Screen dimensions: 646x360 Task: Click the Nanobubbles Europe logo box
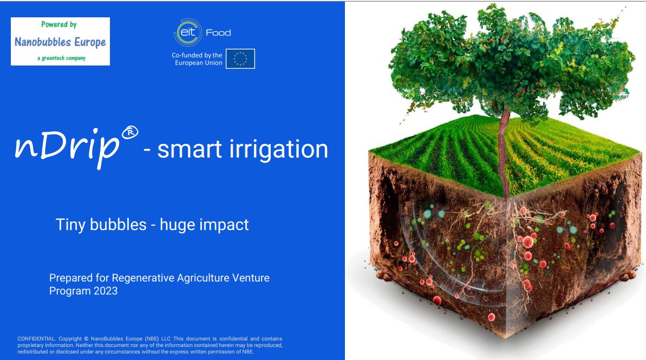(x=60, y=41)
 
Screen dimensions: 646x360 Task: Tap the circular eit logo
(x=188, y=32)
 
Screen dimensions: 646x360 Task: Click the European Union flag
(x=240, y=58)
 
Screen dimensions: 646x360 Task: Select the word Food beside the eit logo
(x=218, y=33)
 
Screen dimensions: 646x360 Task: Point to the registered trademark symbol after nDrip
(x=130, y=133)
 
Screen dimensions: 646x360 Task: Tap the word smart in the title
(x=190, y=149)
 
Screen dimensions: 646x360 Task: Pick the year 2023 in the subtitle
(x=106, y=291)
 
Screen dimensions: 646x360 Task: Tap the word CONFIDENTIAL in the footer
(x=36, y=338)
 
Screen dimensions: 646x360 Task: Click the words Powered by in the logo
(x=59, y=25)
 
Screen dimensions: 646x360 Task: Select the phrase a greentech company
(x=61, y=58)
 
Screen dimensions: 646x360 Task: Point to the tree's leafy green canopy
(x=511, y=62)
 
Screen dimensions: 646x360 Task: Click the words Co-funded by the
(x=197, y=55)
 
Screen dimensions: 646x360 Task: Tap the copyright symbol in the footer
(x=86, y=338)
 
